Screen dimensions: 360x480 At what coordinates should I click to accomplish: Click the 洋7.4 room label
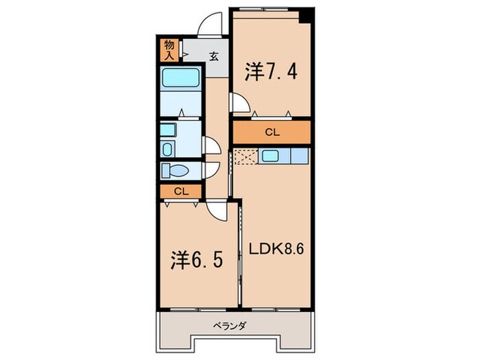(x=271, y=71)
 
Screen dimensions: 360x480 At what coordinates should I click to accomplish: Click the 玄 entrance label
(x=213, y=56)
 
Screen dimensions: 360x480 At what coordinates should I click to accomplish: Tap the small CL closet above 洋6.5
(x=180, y=191)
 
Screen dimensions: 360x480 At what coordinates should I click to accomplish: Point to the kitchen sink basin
(x=269, y=156)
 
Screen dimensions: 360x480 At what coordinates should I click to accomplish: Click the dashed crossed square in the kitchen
(x=244, y=157)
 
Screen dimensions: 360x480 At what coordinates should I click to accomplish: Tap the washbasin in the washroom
(x=169, y=149)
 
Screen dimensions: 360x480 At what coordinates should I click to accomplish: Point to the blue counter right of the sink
(x=300, y=156)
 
